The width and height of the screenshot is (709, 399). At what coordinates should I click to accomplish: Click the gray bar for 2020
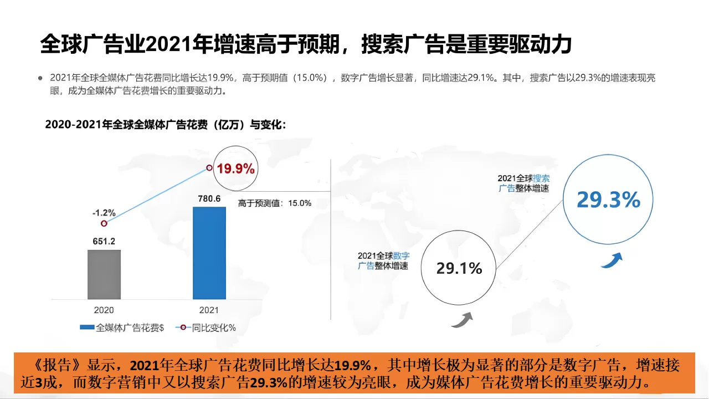(104, 274)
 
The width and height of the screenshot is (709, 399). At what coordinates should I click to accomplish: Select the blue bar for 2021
(209, 253)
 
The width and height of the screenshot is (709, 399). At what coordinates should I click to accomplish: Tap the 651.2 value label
(104, 241)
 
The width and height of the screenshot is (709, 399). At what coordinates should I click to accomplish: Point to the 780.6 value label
(209, 198)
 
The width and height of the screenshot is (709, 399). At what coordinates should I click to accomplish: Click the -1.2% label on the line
(104, 212)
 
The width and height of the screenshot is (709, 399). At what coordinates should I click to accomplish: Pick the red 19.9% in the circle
(235, 168)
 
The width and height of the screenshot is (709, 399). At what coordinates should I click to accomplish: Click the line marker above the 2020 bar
(104, 223)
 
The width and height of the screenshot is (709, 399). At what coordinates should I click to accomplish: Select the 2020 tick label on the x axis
(104, 310)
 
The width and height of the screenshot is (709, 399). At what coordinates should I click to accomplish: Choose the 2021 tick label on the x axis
(209, 310)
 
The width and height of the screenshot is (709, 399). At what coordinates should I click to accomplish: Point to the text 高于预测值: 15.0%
(275, 203)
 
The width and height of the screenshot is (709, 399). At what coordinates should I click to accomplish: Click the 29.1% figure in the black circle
(459, 269)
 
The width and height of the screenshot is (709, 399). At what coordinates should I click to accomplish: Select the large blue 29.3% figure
(608, 200)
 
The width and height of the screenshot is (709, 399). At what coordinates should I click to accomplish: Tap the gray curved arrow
(461, 320)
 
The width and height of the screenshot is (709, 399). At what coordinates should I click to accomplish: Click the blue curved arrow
(612, 260)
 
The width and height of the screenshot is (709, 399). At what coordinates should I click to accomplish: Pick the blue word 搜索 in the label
(541, 178)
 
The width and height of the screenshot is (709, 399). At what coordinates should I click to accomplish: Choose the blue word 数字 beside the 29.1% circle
(401, 256)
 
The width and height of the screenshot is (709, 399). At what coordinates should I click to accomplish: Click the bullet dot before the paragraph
(40, 78)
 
